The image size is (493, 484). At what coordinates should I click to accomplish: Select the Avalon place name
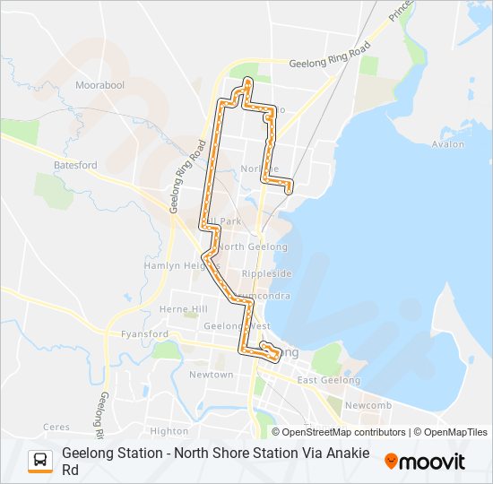pos(447,143)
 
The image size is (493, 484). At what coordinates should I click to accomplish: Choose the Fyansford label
pos(144,334)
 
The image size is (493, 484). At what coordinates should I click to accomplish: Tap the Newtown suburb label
pos(211,374)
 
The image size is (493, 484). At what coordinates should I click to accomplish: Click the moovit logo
pos(425,462)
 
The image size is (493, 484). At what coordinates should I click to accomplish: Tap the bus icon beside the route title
pos(40,461)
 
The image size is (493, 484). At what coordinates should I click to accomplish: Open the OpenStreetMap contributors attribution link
pos(343,432)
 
